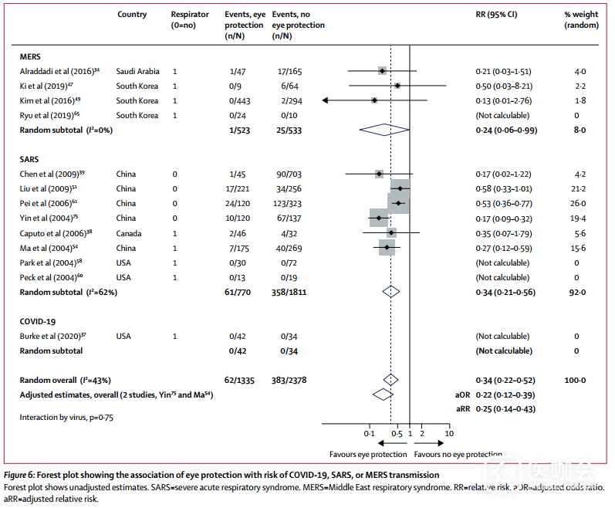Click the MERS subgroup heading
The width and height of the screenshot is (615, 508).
pyautogui.click(x=30, y=56)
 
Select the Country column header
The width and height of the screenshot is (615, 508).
pyautogui.click(x=131, y=15)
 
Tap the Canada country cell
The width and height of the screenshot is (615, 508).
pyautogui.click(x=129, y=233)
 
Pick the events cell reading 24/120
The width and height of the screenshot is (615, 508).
pyautogui.click(x=237, y=204)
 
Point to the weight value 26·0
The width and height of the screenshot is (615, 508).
pyautogui.click(x=579, y=204)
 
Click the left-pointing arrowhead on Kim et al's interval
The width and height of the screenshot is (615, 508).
pyautogui.click(x=325, y=100)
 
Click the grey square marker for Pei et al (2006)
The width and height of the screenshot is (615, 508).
pyautogui.click(x=398, y=204)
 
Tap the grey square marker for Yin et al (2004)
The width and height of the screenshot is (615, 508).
pyautogui.click(x=379, y=218)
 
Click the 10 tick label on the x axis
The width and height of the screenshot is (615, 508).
pyautogui.click(x=450, y=435)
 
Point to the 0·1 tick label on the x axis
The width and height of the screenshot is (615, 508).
pyautogui.click(x=370, y=435)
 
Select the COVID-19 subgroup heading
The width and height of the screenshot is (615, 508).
pyautogui.click(x=38, y=322)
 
